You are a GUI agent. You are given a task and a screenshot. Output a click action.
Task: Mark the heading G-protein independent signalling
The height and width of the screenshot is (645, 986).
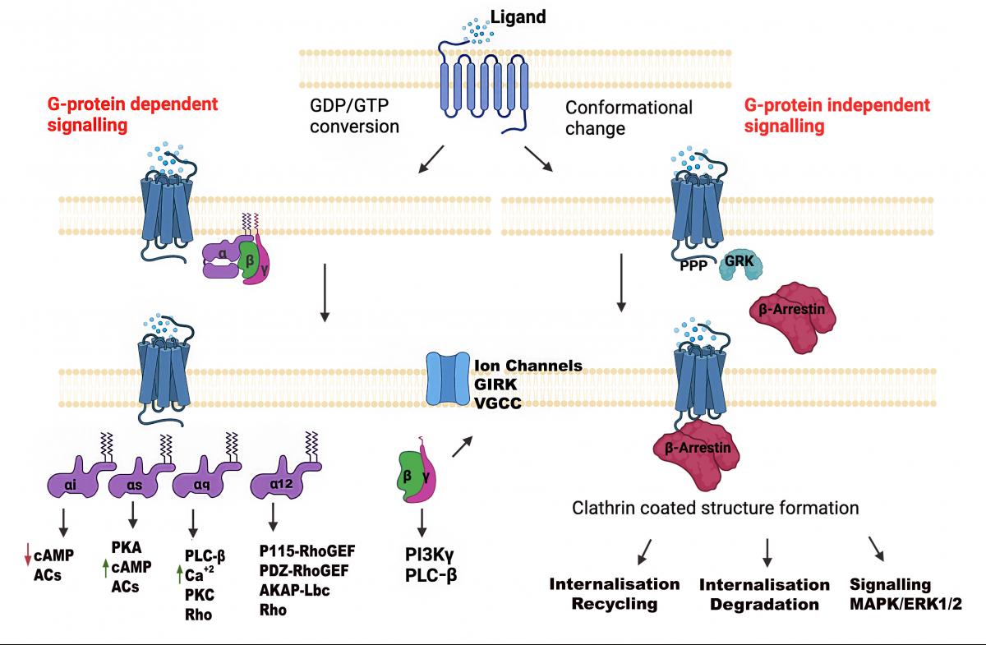tap(836, 116)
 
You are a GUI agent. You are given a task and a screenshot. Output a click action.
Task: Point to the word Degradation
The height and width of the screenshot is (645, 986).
tap(765, 605)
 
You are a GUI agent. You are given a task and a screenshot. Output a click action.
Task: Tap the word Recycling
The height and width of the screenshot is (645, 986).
tap(615, 604)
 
